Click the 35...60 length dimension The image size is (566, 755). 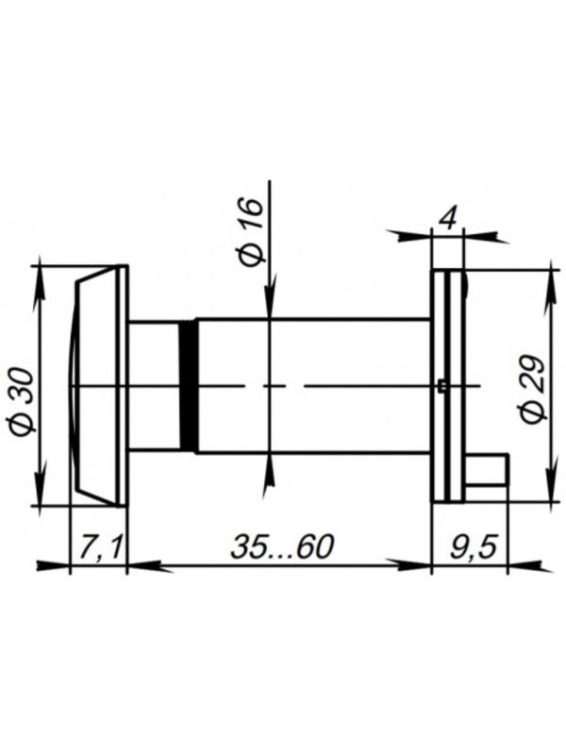(281, 546)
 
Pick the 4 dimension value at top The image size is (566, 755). (448, 219)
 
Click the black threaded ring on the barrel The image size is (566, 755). (189, 386)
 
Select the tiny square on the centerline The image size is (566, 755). (441, 385)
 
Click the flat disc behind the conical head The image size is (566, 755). (122, 385)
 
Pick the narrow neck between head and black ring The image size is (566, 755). (154, 386)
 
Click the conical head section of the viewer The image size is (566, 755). (96, 385)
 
